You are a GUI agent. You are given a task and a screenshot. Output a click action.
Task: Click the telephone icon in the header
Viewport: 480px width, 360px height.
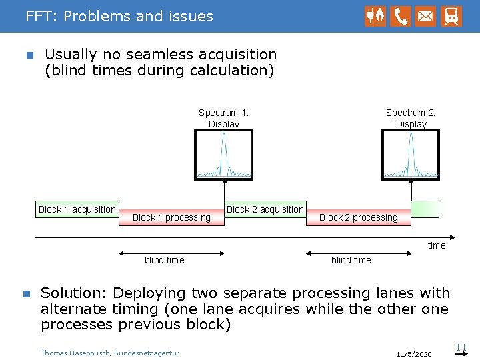click(401, 16)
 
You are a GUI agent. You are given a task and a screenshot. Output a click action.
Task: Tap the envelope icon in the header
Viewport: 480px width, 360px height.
click(426, 16)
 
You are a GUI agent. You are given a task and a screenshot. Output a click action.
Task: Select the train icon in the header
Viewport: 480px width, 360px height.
click(451, 16)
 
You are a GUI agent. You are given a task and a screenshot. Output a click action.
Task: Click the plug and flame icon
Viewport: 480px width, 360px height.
click(375, 16)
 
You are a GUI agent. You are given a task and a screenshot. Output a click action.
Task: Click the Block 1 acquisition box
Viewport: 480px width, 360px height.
click(77, 209)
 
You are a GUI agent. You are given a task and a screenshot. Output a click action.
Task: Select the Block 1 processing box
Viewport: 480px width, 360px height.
click(171, 217)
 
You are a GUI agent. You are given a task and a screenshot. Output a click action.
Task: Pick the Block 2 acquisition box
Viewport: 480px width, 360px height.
click(265, 209)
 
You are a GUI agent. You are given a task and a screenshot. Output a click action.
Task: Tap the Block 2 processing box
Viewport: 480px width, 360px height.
click(359, 217)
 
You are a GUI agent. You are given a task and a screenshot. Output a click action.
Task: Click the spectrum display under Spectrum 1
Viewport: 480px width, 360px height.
click(224, 155)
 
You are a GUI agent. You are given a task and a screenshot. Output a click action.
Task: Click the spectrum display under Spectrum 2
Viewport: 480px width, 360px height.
click(411, 155)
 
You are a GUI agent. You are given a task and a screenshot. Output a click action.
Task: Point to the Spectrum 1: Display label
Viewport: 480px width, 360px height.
click(224, 118)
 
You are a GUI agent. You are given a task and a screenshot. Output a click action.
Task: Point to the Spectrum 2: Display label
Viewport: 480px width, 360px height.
click(411, 118)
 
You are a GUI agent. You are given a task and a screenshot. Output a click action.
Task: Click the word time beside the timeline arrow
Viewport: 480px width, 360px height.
click(437, 245)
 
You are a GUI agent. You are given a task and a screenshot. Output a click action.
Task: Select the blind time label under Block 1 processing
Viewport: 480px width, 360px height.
click(165, 260)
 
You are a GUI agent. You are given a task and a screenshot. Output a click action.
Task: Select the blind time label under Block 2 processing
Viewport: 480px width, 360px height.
click(351, 260)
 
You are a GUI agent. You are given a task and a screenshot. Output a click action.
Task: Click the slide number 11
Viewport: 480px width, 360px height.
click(461, 347)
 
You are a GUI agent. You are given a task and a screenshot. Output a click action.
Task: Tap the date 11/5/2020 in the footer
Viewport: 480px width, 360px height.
click(413, 353)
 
